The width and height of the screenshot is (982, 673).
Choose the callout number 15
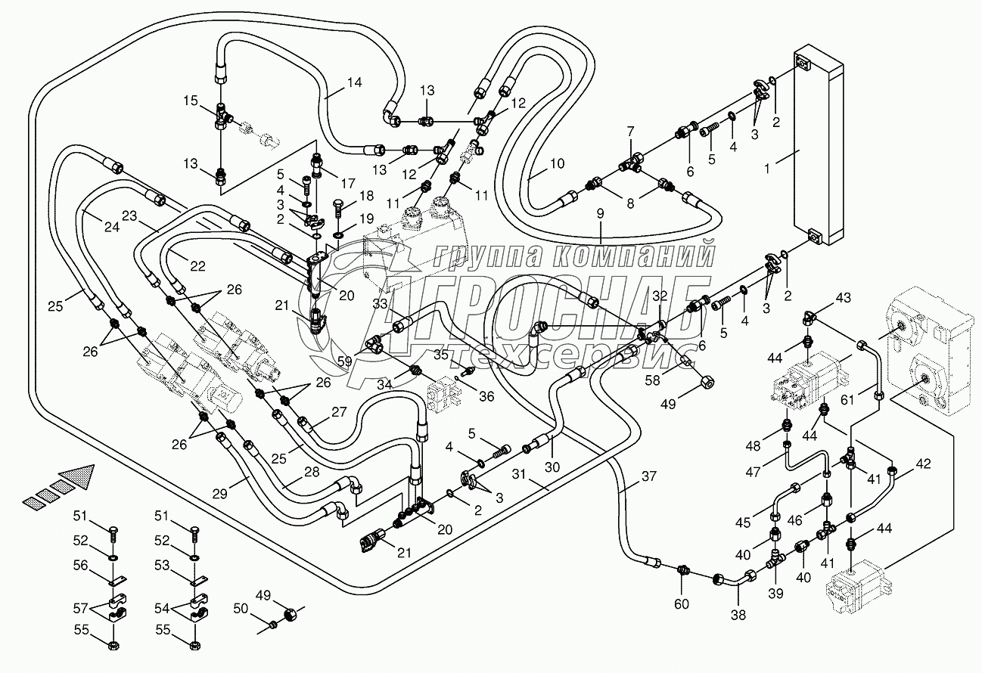coord(190,101)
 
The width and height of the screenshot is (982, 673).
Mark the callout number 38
coord(739,615)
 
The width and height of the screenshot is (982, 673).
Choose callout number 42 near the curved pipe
coord(923,464)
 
